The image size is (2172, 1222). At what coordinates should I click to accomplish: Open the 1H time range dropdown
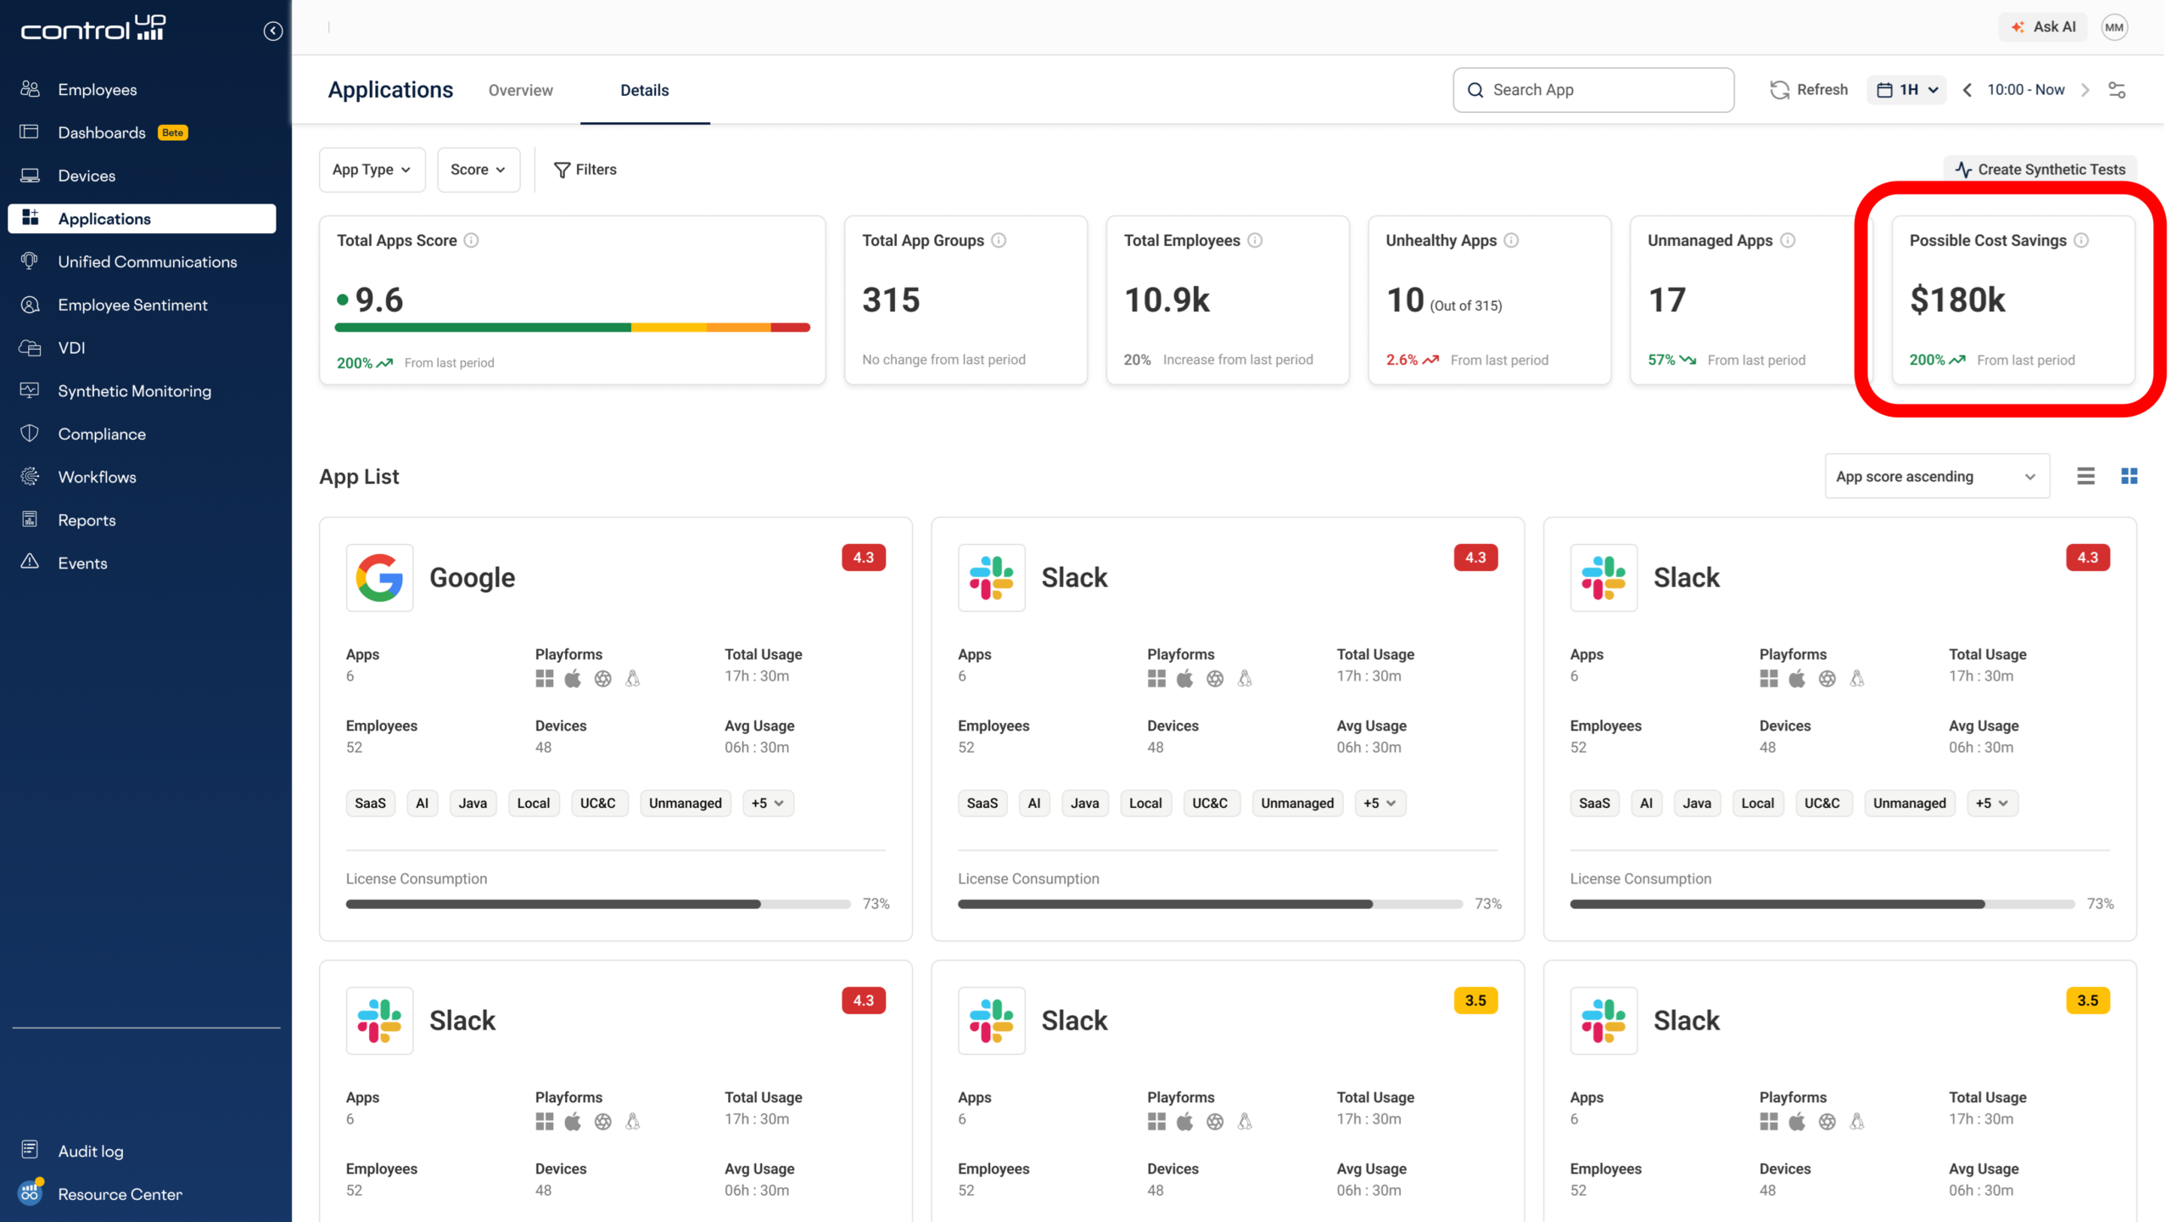tap(1906, 90)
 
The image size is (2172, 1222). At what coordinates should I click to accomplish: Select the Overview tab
tap(520, 90)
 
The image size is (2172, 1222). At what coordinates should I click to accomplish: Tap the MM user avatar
tap(2113, 27)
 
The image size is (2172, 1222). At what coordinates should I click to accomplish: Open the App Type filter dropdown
tap(372, 170)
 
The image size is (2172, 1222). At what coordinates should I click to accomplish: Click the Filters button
tap(585, 170)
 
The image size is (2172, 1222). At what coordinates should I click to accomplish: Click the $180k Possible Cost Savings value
tap(1957, 300)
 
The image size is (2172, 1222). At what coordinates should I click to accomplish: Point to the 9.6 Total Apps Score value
tap(378, 300)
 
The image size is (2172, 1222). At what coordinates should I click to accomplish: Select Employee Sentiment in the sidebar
tap(132, 305)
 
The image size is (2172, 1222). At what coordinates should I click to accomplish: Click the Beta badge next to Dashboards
tap(173, 132)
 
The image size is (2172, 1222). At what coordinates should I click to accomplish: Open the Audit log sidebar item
tap(91, 1151)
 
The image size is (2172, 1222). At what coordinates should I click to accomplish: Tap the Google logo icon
tap(379, 578)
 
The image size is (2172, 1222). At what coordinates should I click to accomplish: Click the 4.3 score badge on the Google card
tap(863, 558)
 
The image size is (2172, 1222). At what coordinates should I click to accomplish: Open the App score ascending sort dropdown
tap(1936, 476)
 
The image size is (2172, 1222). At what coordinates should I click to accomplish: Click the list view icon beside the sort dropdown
tap(2085, 476)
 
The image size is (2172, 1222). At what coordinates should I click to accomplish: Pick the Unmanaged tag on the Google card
tap(685, 803)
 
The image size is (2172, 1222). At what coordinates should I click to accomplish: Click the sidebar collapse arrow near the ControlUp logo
tap(272, 31)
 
